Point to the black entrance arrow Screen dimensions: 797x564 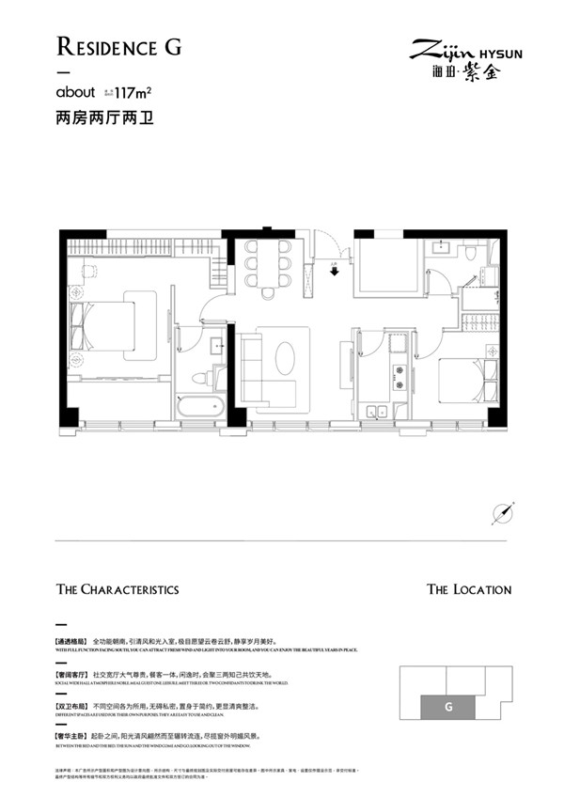(335, 272)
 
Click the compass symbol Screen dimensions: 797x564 (503, 513)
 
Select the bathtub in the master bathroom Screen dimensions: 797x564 (198, 408)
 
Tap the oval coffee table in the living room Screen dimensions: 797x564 (285, 358)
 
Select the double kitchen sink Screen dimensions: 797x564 (380, 410)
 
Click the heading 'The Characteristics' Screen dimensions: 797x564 (117, 590)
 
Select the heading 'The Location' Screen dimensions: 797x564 (469, 590)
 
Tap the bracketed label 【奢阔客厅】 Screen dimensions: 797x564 (72, 675)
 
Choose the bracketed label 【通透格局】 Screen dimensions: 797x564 (72, 639)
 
